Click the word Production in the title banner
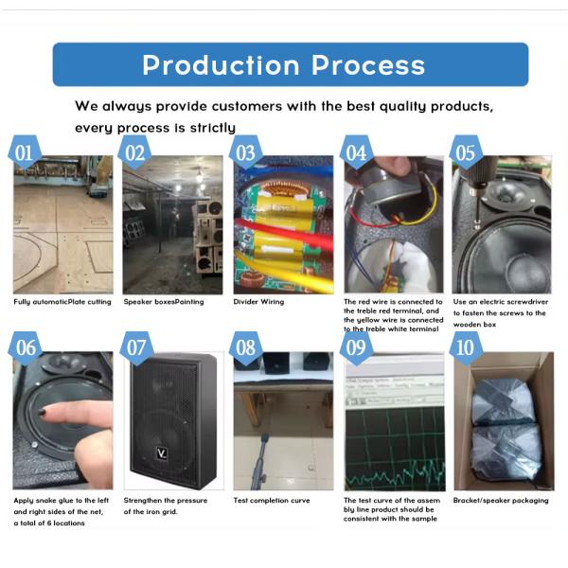(x=221, y=65)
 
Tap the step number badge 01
(x=25, y=152)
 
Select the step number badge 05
(x=466, y=152)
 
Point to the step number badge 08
(x=246, y=347)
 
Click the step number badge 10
(x=466, y=347)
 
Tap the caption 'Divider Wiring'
(x=258, y=302)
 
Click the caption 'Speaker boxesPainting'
(x=164, y=302)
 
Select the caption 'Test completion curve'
(x=272, y=500)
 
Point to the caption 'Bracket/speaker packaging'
(x=501, y=500)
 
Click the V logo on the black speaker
(x=162, y=453)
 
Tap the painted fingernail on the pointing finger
(x=43, y=412)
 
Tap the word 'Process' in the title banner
(x=368, y=65)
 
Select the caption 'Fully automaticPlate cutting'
(x=62, y=302)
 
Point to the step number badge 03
(x=246, y=152)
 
